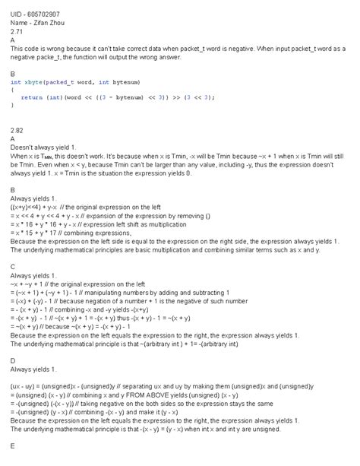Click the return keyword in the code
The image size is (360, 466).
click(x=31, y=97)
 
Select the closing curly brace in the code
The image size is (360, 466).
click(x=12, y=106)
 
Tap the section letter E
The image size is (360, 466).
click(x=13, y=445)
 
